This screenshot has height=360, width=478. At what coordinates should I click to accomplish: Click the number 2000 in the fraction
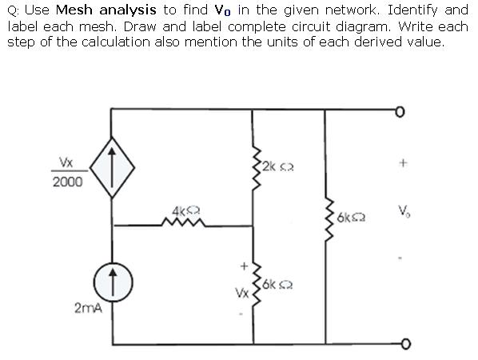(x=67, y=182)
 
